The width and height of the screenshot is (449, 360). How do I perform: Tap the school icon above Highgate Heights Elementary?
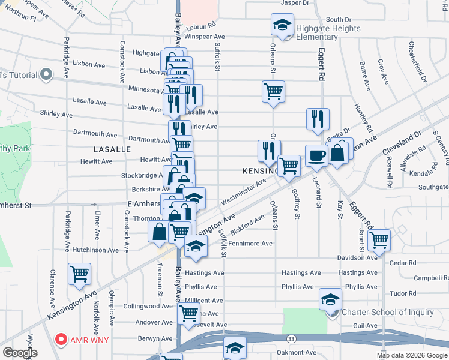[x=282, y=25]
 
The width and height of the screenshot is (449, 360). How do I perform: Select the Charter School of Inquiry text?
[x=387, y=312]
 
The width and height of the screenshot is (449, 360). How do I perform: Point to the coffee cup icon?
[x=316, y=156]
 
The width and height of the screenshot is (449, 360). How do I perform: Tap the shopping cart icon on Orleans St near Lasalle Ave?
[x=273, y=92]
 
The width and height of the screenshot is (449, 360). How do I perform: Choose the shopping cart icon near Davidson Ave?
[x=379, y=240]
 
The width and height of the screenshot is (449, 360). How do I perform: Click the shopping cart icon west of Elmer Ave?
[x=79, y=274]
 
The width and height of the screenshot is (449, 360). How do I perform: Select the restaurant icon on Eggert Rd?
[x=318, y=119]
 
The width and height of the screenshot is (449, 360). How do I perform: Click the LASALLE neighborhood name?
[x=112, y=149]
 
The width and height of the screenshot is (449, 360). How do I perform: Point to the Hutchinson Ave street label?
[x=95, y=250]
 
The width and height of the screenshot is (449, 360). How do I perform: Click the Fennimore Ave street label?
[x=250, y=244]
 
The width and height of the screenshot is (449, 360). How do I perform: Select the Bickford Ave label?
[x=247, y=226]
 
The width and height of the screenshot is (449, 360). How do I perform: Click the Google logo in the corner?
[x=20, y=353]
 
